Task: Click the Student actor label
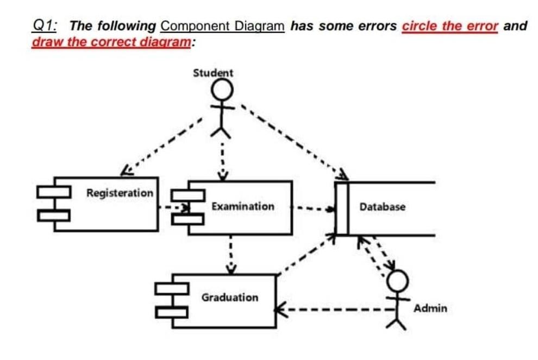213,73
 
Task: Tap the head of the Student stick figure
221,89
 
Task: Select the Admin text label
430,308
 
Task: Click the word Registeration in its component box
120,193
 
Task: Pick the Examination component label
243,206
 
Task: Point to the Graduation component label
230,298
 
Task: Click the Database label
382,207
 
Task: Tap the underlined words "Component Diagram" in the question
223,26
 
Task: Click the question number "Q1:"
47,26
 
